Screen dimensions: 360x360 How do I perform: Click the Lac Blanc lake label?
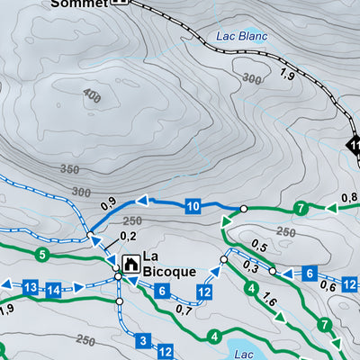click(242, 37)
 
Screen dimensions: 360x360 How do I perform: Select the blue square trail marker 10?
click(193, 207)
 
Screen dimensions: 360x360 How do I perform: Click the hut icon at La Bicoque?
click(130, 265)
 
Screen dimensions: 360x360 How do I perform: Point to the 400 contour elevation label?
click(90, 94)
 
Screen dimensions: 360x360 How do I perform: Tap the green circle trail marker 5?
click(41, 255)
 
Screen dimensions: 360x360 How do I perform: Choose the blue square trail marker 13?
click(30, 287)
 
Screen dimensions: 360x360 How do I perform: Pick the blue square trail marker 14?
click(53, 290)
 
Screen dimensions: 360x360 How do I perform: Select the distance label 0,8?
click(348, 198)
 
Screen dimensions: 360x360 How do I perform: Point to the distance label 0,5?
click(261, 246)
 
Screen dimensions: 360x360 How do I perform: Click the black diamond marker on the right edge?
click(353, 144)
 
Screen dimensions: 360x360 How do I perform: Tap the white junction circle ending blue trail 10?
click(242, 209)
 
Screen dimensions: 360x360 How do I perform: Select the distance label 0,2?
click(128, 236)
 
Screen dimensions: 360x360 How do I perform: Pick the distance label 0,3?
click(251, 269)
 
